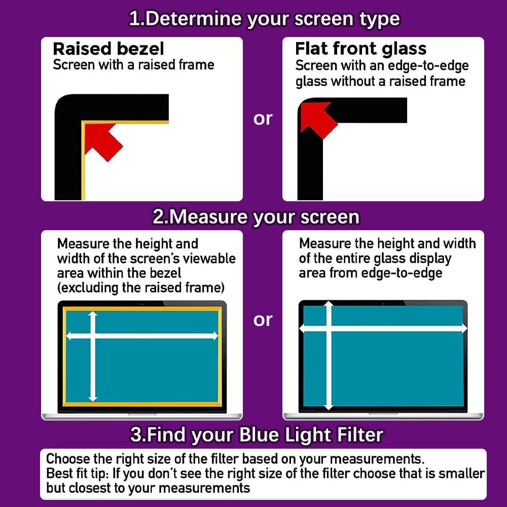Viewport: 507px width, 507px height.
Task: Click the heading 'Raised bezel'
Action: tap(108, 49)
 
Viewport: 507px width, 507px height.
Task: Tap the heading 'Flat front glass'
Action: tap(360, 49)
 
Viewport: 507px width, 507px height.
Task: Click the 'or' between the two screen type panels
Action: tap(263, 119)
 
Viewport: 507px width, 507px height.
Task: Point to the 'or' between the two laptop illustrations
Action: tap(263, 320)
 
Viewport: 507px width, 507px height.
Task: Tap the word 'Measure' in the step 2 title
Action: tap(209, 216)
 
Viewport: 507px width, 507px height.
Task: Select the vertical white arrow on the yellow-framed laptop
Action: tap(93, 356)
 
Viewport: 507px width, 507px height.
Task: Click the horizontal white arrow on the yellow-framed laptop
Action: tap(142, 336)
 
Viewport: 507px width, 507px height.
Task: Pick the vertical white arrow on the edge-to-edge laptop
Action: tap(329, 356)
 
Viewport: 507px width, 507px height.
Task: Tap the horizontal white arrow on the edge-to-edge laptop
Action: tap(383, 329)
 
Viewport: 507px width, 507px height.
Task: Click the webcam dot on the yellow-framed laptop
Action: tap(142, 304)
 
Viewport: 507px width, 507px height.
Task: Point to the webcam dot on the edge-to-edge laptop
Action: tap(383, 304)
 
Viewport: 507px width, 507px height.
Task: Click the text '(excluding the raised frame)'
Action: tap(140, 288)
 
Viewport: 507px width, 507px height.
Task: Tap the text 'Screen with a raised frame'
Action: tap(133, 65)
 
